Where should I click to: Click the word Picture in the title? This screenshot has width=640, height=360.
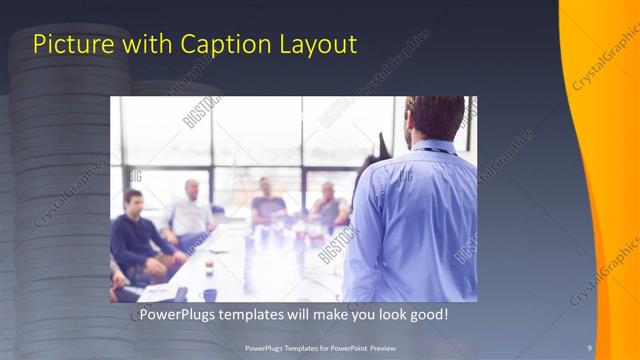[66, 45]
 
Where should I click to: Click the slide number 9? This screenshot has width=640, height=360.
[589, 347]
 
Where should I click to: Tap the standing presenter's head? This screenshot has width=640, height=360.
[434, 118]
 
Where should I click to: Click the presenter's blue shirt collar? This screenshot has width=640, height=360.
[430, 149]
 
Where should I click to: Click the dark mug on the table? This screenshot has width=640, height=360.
[209, 293]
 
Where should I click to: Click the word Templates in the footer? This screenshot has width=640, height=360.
[292, 347]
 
